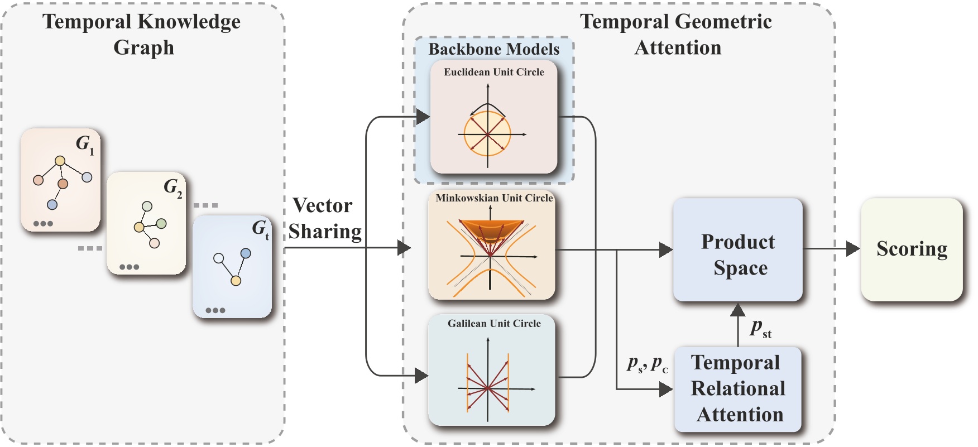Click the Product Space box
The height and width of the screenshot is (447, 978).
737,249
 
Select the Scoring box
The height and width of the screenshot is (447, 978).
912,249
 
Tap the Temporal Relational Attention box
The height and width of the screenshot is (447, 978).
737,389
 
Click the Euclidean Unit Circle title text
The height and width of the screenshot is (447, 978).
493,72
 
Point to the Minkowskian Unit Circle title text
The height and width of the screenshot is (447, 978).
494,198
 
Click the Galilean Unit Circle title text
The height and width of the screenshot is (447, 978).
494,324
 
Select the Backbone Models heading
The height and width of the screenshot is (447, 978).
493,49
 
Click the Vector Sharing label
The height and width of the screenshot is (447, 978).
324,218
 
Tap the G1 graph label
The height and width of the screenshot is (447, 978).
85,145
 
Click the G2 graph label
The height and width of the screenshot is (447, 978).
172,188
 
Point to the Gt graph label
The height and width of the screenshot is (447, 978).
260,229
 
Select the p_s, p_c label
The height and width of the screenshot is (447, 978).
647,364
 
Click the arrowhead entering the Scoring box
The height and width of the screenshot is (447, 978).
852,249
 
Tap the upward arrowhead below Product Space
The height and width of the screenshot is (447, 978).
738,310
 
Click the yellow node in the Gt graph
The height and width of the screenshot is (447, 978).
236,281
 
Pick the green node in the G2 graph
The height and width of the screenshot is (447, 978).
161,224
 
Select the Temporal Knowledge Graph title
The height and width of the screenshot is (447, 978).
142,35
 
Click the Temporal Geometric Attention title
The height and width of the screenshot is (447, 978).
676,35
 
